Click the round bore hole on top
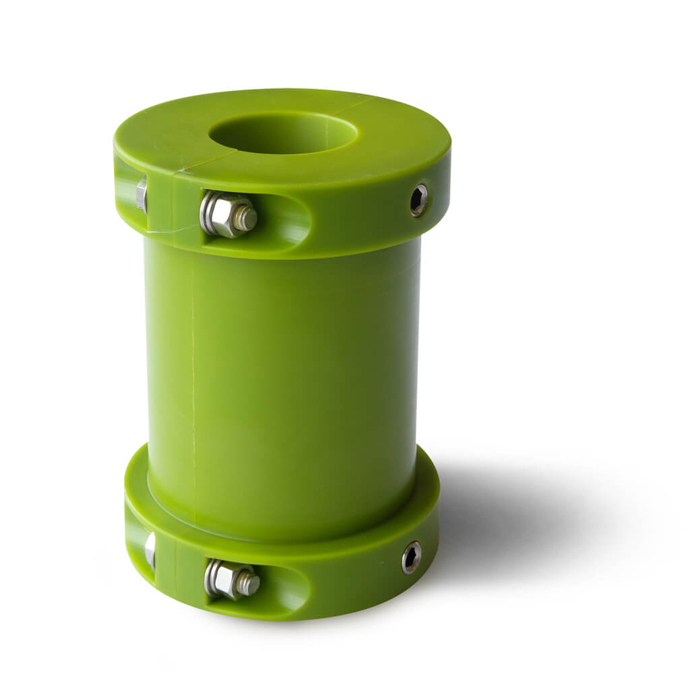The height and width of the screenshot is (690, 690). (x=283, y=133)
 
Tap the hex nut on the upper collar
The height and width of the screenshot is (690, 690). (x=226, y=214)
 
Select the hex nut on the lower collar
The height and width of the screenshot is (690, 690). (x=229, y=579)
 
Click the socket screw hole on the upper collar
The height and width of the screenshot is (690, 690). (x=419, y=200)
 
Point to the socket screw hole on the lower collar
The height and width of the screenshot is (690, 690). (x=411, y=557)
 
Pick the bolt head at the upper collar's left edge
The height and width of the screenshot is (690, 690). (x=142, y=195)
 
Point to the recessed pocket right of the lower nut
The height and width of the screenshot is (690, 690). (x=286, y=588)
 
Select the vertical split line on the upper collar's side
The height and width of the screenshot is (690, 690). (x=173, y=202)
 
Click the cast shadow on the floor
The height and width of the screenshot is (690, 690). (x=512, y=519)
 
